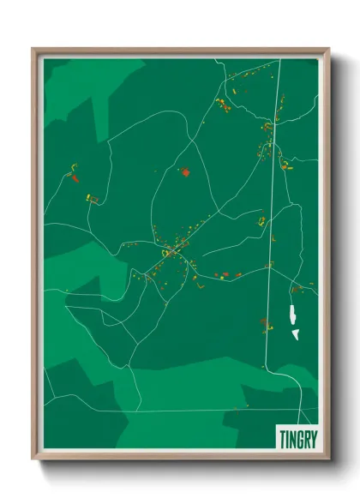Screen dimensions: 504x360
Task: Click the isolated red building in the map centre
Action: point(184,173)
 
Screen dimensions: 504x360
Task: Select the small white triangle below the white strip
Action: point(294,333)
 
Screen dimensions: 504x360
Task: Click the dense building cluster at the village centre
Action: point(171,252)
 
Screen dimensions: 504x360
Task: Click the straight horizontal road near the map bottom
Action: point(171,411)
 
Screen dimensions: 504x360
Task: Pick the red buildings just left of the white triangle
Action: point(265,323)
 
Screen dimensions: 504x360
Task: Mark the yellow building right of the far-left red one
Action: point(90,198)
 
